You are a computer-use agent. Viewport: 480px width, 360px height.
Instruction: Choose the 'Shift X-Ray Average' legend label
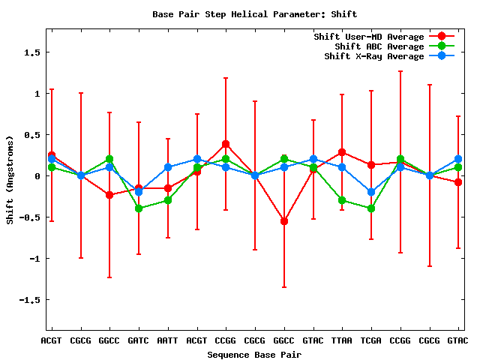point(373,56)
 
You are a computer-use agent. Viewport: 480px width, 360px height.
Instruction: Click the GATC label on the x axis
point(139,340)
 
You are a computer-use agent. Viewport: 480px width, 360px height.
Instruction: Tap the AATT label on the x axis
point(168,340)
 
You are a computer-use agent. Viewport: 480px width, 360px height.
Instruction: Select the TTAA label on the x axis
point(342,340)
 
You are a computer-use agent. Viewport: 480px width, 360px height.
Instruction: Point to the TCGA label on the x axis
point(371,340)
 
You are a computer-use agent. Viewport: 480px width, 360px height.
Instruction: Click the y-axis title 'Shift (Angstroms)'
point(10,179)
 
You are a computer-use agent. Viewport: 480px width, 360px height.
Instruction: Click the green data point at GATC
point(139,208)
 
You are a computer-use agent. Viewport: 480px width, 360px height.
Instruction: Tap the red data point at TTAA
point(342,152)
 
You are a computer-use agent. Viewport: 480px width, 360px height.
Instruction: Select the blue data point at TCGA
point(371,192)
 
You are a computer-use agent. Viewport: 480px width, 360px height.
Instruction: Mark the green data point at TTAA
point(342,200)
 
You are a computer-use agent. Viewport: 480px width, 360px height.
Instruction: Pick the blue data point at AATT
point(168,167)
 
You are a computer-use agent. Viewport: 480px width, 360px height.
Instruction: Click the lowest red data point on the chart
point(284,221)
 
